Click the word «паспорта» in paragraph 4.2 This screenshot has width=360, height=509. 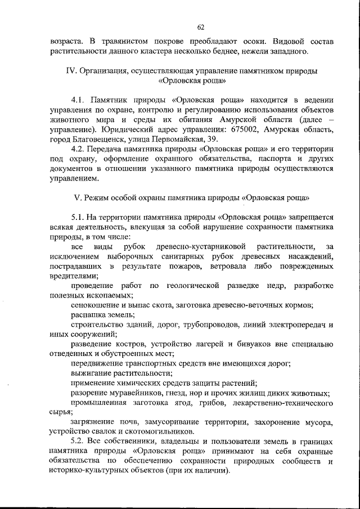tap(255, 159)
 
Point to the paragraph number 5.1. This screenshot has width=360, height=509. tap(79, 217)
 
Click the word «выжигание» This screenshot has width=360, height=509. tap(91, 373)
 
